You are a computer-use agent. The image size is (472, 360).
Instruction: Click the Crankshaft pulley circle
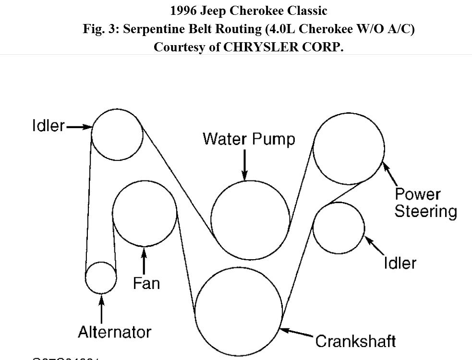[239, 312]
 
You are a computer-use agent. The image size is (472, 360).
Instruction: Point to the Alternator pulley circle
[101, 278]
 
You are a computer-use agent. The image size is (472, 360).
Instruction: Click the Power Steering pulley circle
[349, 149]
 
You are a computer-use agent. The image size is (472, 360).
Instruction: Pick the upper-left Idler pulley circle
[117, 134]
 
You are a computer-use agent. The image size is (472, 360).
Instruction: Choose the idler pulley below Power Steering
[339, 228]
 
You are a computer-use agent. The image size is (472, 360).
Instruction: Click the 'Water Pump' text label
[249, 139]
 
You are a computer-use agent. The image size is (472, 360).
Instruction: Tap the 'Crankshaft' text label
[356, 341]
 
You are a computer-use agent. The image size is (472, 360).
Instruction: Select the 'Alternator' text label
[114, 332]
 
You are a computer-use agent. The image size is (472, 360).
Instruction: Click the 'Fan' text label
[146, 283]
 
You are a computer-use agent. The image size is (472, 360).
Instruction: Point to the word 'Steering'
[425, 211]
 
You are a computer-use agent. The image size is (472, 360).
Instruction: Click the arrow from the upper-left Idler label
[79, 127]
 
